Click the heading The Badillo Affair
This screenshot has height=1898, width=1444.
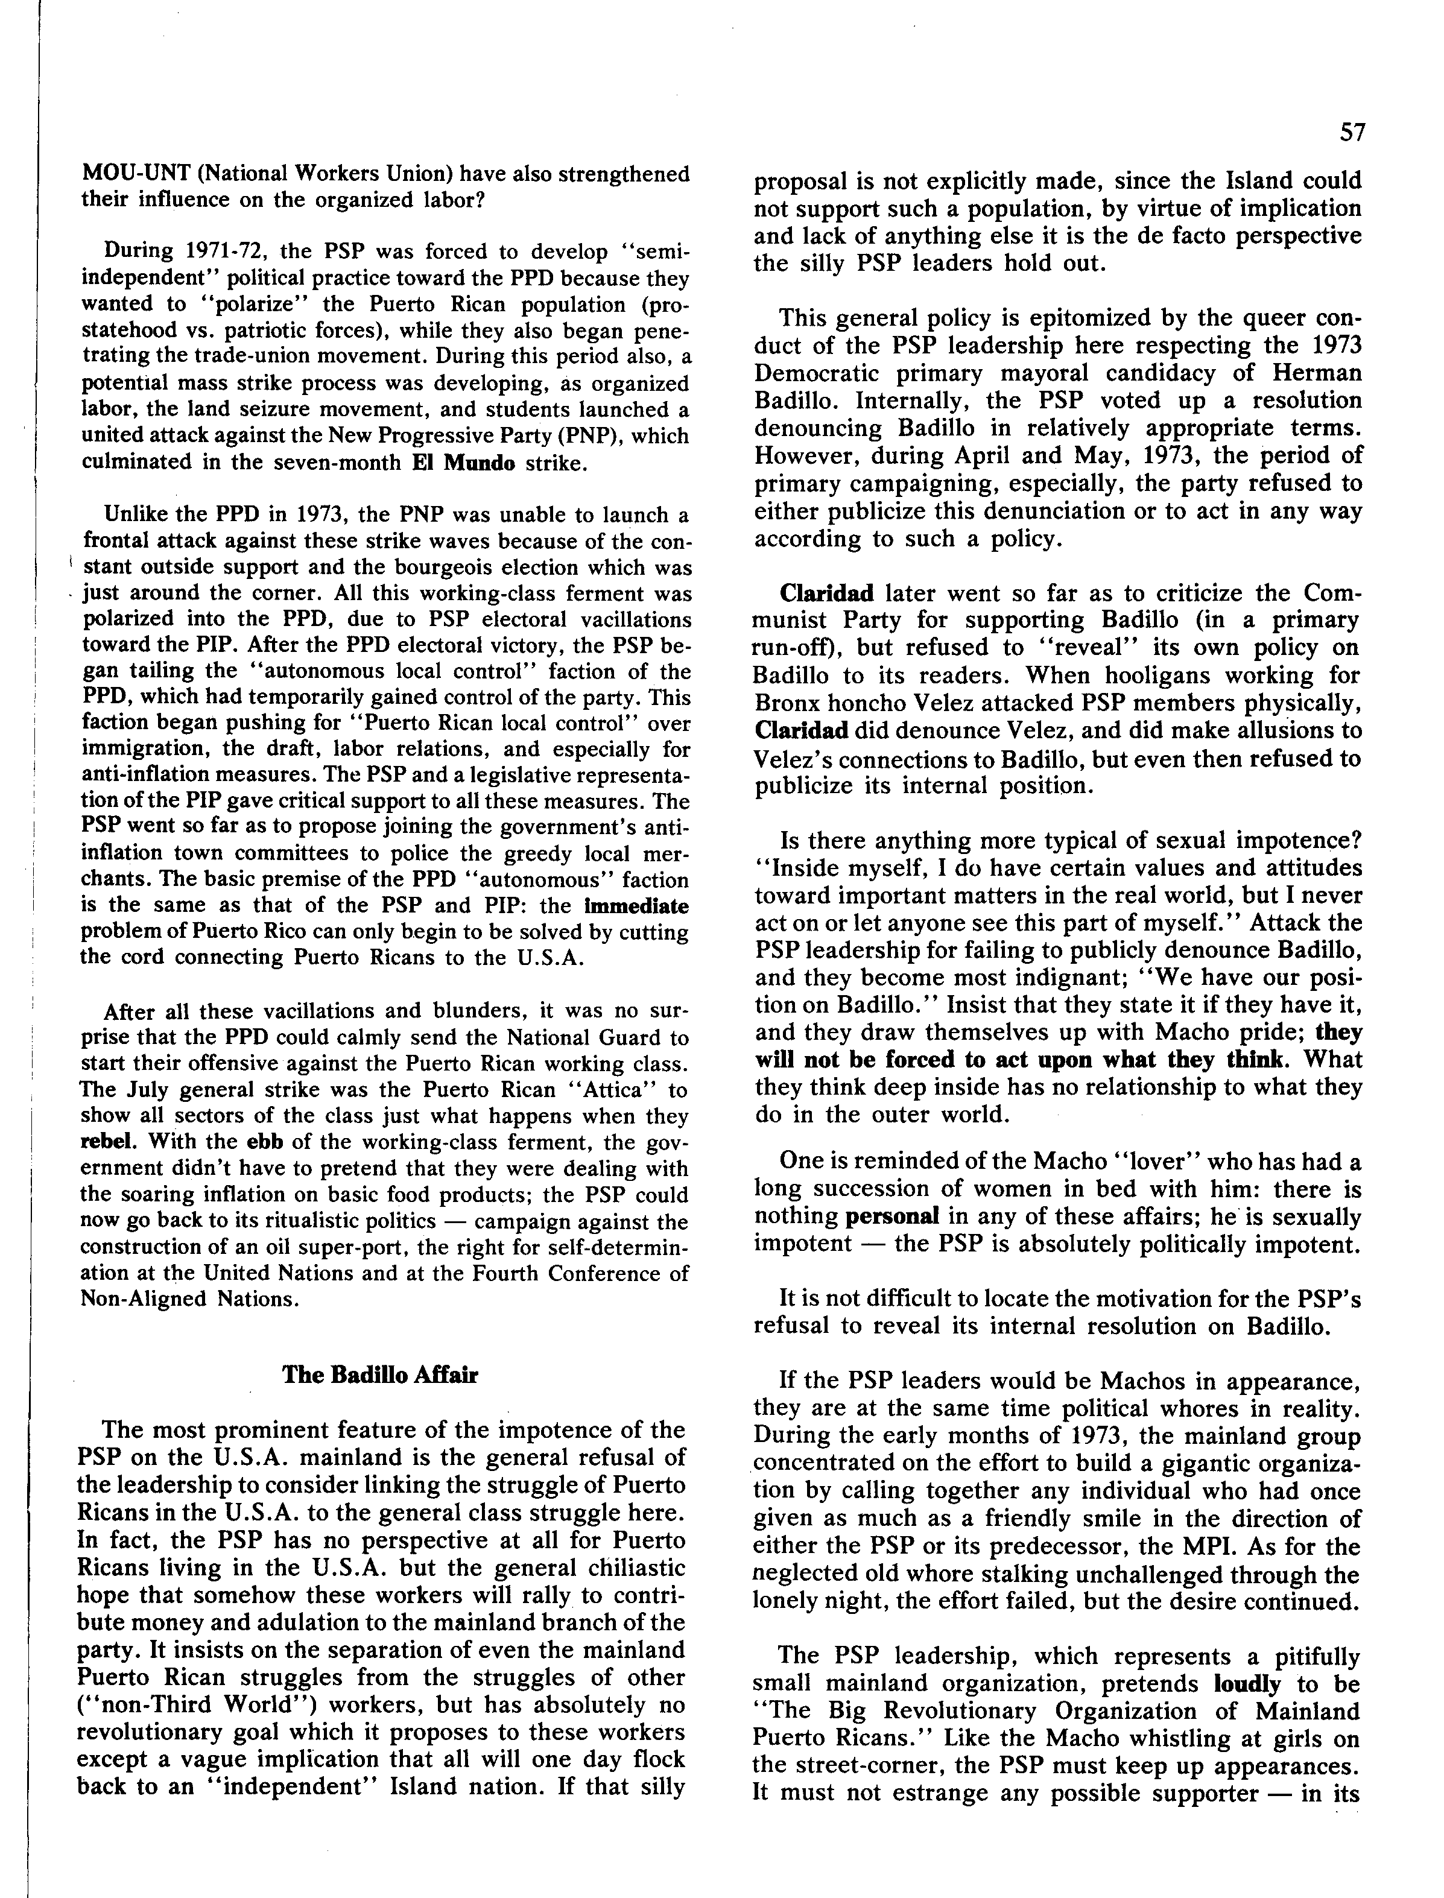coord(380,1374)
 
